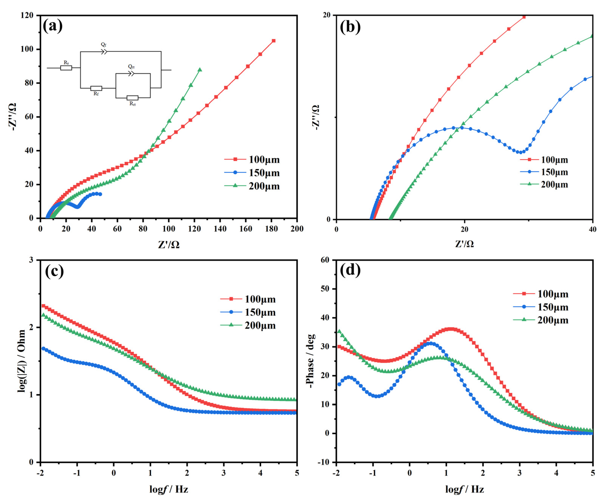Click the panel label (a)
53,27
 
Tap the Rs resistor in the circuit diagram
66,68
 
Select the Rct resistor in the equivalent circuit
132,98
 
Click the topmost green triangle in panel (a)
200,70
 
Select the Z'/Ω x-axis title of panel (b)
464,244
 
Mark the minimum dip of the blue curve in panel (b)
520,152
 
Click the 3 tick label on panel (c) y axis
31,260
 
